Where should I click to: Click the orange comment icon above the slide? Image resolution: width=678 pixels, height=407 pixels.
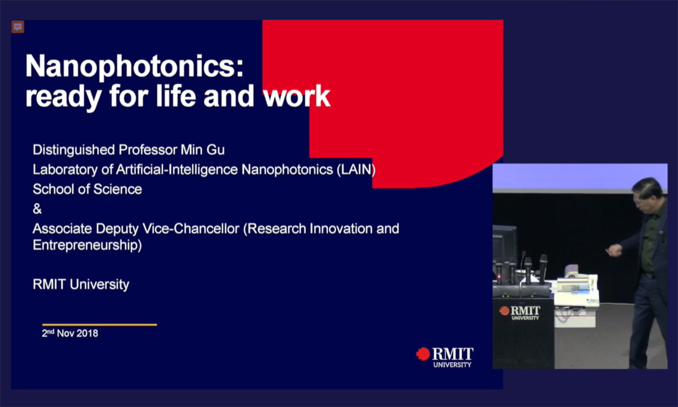(18, 27)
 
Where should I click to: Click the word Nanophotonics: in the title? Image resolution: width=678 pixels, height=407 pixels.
(134, 67)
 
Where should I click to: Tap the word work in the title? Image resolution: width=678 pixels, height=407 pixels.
(297, 96)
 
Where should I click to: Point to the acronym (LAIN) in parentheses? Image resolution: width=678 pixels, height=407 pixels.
(356, 170)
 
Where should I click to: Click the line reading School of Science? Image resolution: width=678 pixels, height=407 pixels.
(87, 189)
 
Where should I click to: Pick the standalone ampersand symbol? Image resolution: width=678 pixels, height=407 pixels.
(37, 209)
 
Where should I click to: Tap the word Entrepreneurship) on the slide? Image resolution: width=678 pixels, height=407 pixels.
(87, 245)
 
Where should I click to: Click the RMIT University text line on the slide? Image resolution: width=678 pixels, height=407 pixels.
(81, 285)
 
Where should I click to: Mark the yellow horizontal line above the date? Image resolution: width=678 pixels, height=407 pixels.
(99, 325)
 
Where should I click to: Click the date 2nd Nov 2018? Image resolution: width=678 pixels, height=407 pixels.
(70, 334)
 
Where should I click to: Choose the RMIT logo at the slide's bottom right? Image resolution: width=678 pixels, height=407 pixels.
(445, 356)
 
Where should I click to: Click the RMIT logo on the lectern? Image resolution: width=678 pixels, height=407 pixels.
(520, 312)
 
